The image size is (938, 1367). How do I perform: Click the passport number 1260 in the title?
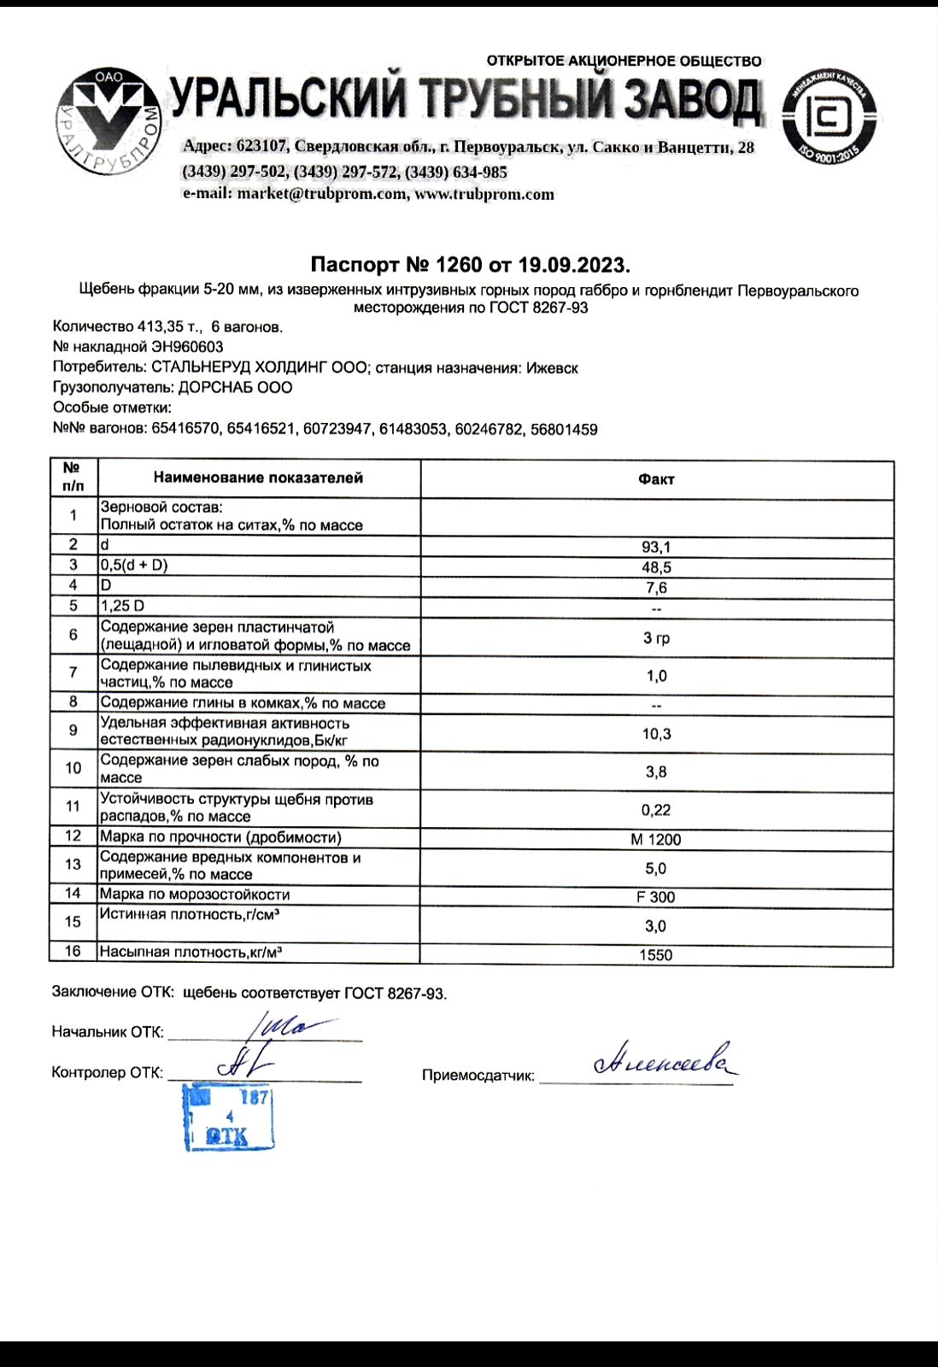459,265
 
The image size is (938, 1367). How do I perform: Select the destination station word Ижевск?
552,368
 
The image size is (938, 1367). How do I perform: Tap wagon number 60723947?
337,429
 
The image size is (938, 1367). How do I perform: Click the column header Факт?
656,479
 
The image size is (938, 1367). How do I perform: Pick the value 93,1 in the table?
656,548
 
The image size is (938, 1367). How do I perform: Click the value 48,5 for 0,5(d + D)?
656,568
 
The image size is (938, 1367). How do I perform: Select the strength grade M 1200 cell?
656,840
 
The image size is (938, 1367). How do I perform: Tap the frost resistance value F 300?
656,897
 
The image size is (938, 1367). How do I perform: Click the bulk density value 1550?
656,955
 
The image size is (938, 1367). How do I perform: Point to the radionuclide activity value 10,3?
656,734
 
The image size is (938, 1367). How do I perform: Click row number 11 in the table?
73,807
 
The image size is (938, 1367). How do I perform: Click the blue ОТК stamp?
229,1118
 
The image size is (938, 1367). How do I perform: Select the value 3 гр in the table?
656,638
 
